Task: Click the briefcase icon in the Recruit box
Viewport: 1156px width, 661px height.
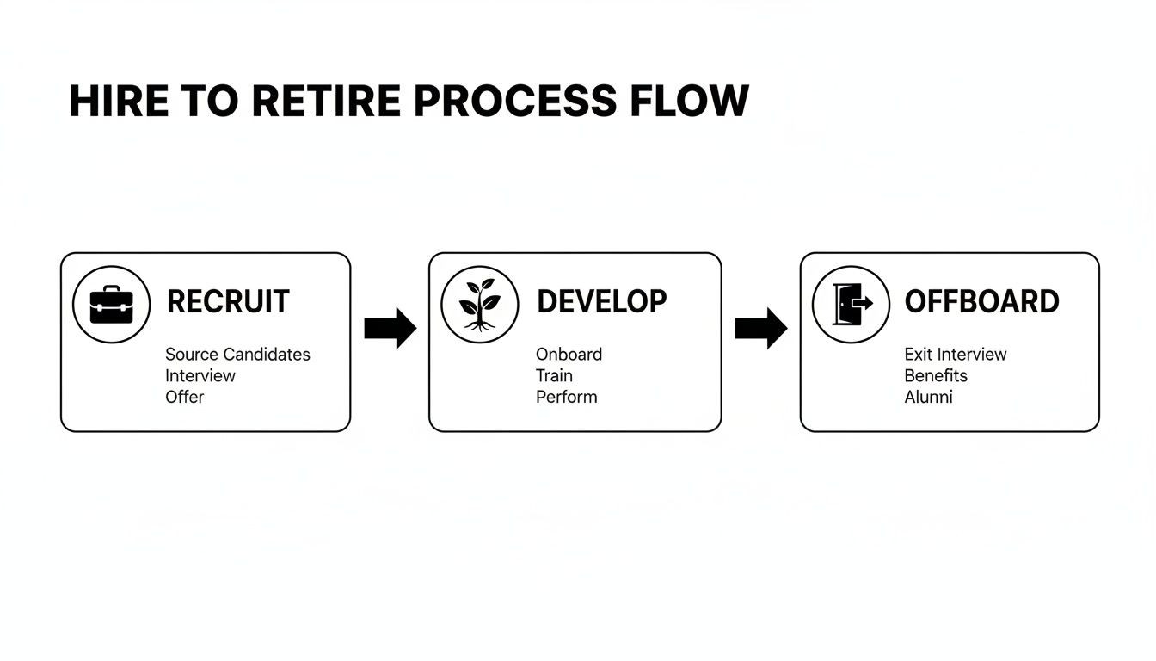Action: click(112, 305)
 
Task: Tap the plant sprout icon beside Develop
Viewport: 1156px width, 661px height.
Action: click(479, 305)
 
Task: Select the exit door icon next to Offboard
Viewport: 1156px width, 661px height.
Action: click(851, 305)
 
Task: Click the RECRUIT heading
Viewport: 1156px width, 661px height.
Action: click(228, 302)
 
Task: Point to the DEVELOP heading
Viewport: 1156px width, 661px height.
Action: click(601, 302)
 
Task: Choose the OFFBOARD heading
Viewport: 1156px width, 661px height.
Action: click(981, 302)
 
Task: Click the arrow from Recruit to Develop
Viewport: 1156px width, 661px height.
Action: click(390, 328)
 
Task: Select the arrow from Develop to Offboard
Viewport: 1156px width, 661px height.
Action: click(760, 328)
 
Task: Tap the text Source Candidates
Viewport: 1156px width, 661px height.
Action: click(237, 355)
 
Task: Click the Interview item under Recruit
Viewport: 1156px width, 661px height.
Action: click(200, 376)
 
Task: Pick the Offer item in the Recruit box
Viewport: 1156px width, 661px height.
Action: click(185, 398)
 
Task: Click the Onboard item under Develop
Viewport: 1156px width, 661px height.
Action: click(569, 355)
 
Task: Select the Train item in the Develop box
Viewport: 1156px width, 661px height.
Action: click(554, 376)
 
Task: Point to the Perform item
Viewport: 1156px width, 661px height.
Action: click(566, 398)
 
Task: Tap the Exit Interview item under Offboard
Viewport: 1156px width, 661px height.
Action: click(955, 355)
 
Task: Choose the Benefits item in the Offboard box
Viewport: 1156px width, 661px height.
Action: click(936, 376)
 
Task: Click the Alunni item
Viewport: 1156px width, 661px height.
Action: click(928, 398)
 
